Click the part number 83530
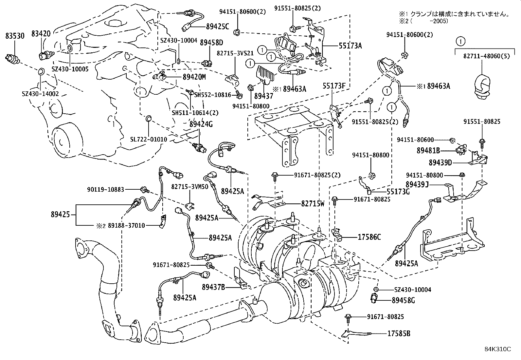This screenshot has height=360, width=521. (x=15, y=36)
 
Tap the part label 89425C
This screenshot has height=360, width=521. (x=217, y=27)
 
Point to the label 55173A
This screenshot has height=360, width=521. (x=350, y=46)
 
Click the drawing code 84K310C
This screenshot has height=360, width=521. (x=498, y=349)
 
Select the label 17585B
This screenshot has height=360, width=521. (x=399, y=334)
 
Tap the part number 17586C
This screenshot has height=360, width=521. (x=369, y=237)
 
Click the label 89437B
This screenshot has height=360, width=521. (x=213, y=287)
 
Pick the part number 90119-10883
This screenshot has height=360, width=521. (x=106, y=189)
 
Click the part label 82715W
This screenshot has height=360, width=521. (x=313, y=203)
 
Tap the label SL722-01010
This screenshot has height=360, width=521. (x=149, y=139)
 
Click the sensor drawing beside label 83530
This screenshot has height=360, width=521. (x=13, y=59)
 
